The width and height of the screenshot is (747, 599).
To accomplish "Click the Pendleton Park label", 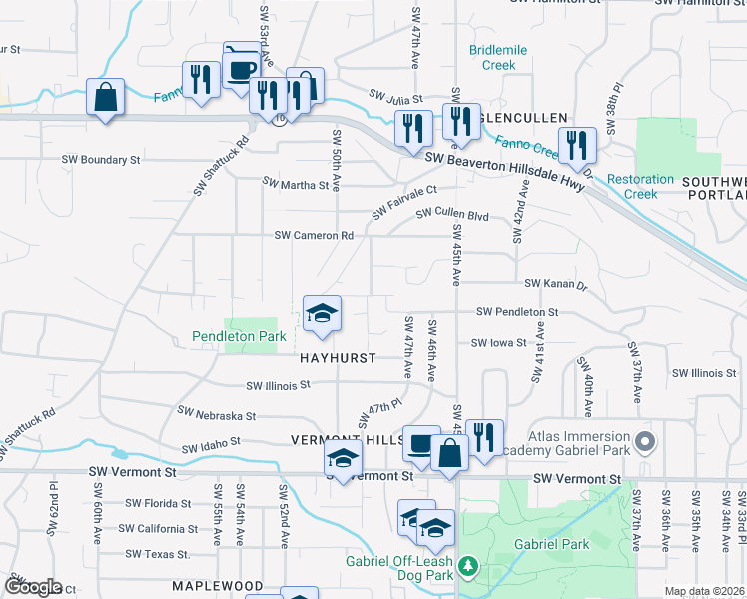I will pyautogui.click(x=240, y=337).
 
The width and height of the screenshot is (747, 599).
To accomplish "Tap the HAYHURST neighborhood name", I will pyautogui.click(x=337, y=357).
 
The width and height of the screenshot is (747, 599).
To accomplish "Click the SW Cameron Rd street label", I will pyautogui.click(x=315, y=236).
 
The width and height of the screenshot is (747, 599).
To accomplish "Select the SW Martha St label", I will pyautogui.click(x=296, y=185).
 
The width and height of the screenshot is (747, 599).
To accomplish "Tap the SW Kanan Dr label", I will pyautogui.click(x=557, y=284).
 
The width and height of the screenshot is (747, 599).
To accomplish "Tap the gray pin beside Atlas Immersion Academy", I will pyautogui.click(x=645, y=440).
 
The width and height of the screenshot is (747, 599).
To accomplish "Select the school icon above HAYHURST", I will pyautogui.click(x=323, y=313).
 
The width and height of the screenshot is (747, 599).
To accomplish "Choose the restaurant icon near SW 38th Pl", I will pyautogui.click(x=577, y=144).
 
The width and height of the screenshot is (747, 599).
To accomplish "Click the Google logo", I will pyautogui.click(x=33, y=587).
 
